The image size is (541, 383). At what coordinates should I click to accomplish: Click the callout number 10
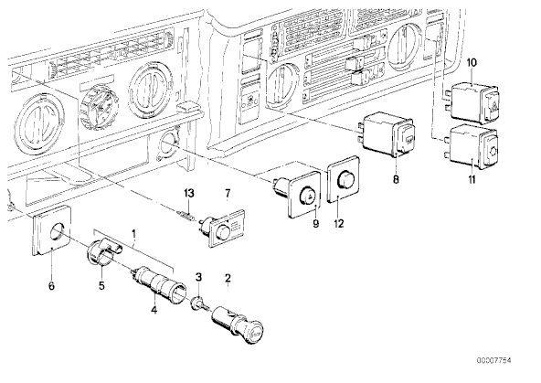point(472,63)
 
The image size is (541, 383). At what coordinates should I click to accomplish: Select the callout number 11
point(472,179)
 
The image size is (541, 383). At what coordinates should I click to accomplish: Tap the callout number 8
point(396,179)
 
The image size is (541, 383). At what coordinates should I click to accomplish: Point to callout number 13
point(189,193)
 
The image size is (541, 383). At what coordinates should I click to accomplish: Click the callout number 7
point(228,194)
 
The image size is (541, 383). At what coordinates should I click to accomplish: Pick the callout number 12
point(339,224)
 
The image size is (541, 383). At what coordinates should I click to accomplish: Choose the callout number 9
point(315,224)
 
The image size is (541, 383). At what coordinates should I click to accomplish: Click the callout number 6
point(51,286)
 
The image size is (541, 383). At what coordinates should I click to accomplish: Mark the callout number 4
point(154,310)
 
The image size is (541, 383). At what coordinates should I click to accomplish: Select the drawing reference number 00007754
point(494,360)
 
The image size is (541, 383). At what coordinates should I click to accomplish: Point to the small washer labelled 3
point(196,303)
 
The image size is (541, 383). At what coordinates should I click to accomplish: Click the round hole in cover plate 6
point(58,231)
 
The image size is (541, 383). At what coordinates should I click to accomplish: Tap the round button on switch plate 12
point(346,178)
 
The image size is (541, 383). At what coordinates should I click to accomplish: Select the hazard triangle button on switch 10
point(492,102)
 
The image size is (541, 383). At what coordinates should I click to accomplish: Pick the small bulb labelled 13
point(186,217)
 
